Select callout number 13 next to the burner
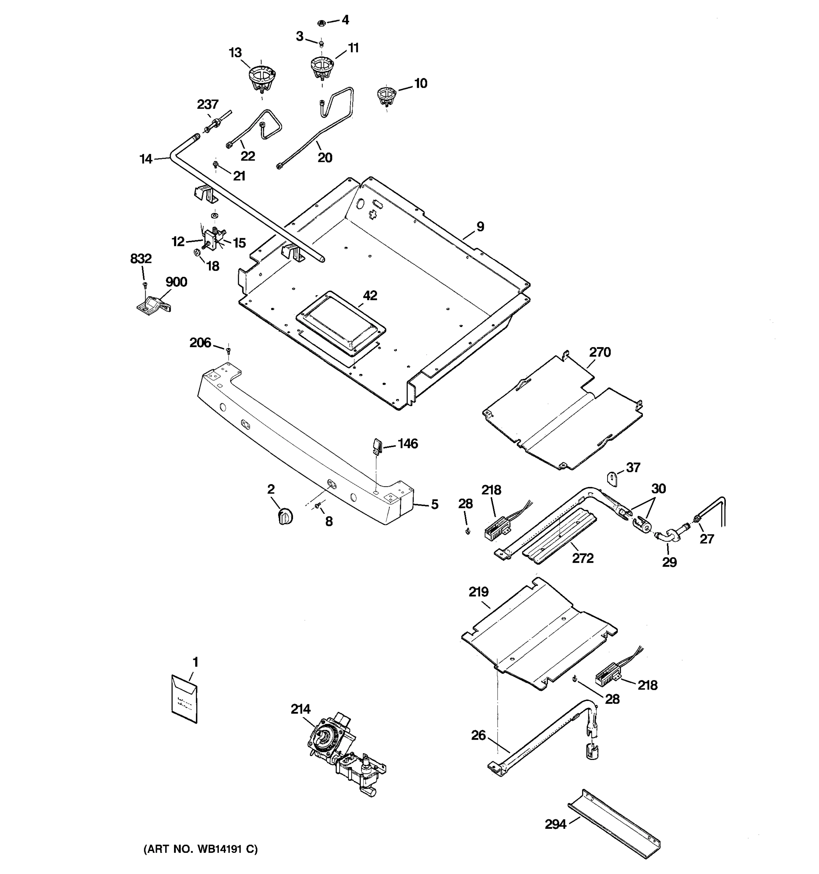pyautogui.click(x=235, y=53)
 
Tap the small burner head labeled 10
pyautogui.click(x=386, y=96)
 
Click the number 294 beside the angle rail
pyautogui.click(x=555, y=824)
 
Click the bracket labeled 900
pyautogui.click(x=153, y=305)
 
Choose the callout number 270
pyautogui.click(x=600, y=352)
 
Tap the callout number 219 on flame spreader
pyautogui.click(x=479, y=592)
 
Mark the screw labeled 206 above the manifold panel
pyautogui.click(x=228, y=350)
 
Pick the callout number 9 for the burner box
pyautogui.click(x=480, y=227)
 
